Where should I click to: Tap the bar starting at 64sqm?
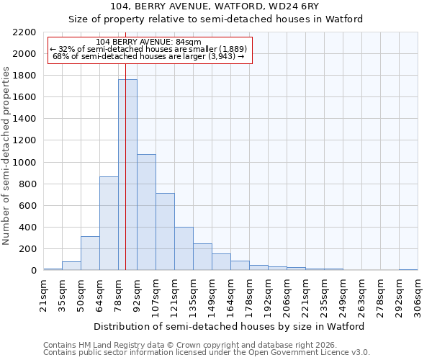109,223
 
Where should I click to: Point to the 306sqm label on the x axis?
418,296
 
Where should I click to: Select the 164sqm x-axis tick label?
230,296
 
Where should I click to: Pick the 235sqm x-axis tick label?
324,296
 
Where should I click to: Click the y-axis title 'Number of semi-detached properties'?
7,156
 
